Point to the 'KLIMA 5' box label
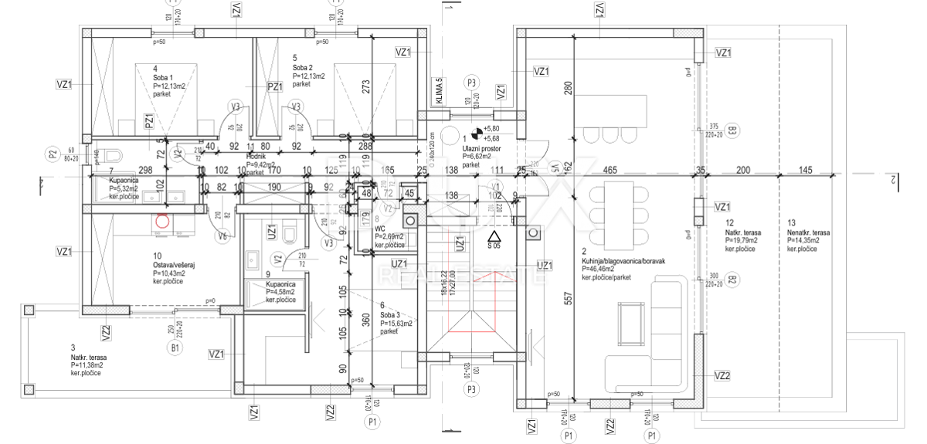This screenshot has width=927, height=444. point(439,92)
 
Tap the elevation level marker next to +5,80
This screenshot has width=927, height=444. point(476,133)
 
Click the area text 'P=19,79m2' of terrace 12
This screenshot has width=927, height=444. point(745,240)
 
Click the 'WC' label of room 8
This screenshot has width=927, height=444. point(380,229)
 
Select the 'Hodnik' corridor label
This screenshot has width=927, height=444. point(256,155)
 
